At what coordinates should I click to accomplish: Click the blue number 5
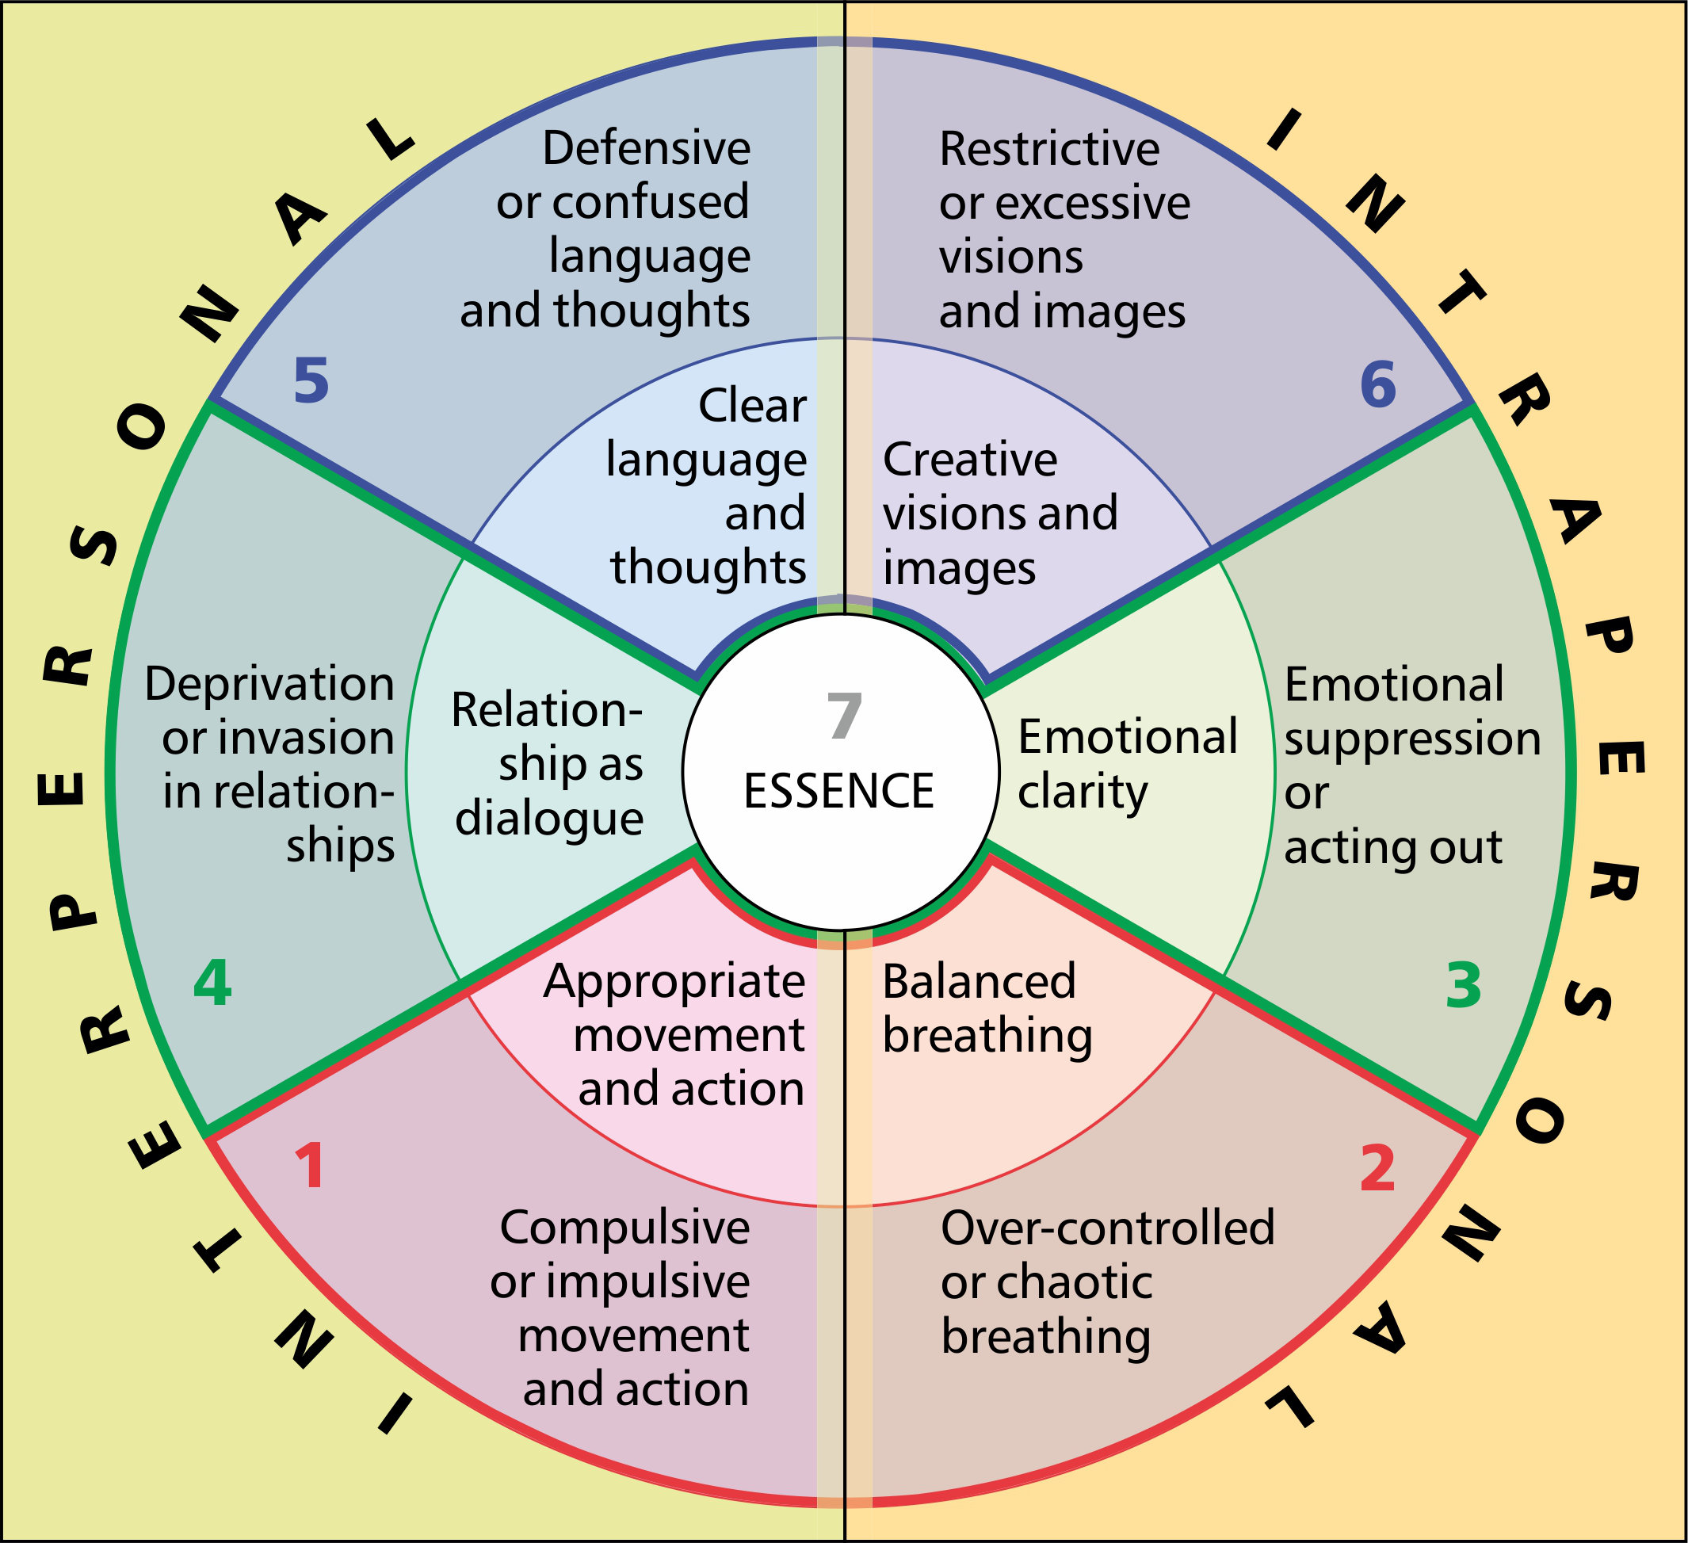tap(311, 381)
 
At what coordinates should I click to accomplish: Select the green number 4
tap(212, 983)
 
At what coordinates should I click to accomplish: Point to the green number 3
tap(1464, 985)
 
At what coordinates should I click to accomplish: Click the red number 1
tap(311, 1167)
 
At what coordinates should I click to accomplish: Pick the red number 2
tap(1377, 1168)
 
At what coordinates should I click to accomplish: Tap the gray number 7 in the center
tap(843, 716)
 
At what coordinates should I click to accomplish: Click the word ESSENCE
tap(839, 791)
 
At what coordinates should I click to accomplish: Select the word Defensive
tap(646, 148)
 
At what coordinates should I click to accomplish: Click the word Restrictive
tap(1049, 149)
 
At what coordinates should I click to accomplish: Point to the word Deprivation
tap(269, 684)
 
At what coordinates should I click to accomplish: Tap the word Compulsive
tap(624, 1228)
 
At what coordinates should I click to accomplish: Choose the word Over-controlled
tap(1108, 1228)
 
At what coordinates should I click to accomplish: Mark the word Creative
tap(969, 460)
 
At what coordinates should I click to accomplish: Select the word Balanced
tap(978, 981)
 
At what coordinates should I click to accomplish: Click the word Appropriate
tap(674, 983)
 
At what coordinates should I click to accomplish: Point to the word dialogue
tap(549, 818)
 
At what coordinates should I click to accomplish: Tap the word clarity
tap(1082, 792)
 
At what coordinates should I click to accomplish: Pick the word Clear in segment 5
tap(752, 406)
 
